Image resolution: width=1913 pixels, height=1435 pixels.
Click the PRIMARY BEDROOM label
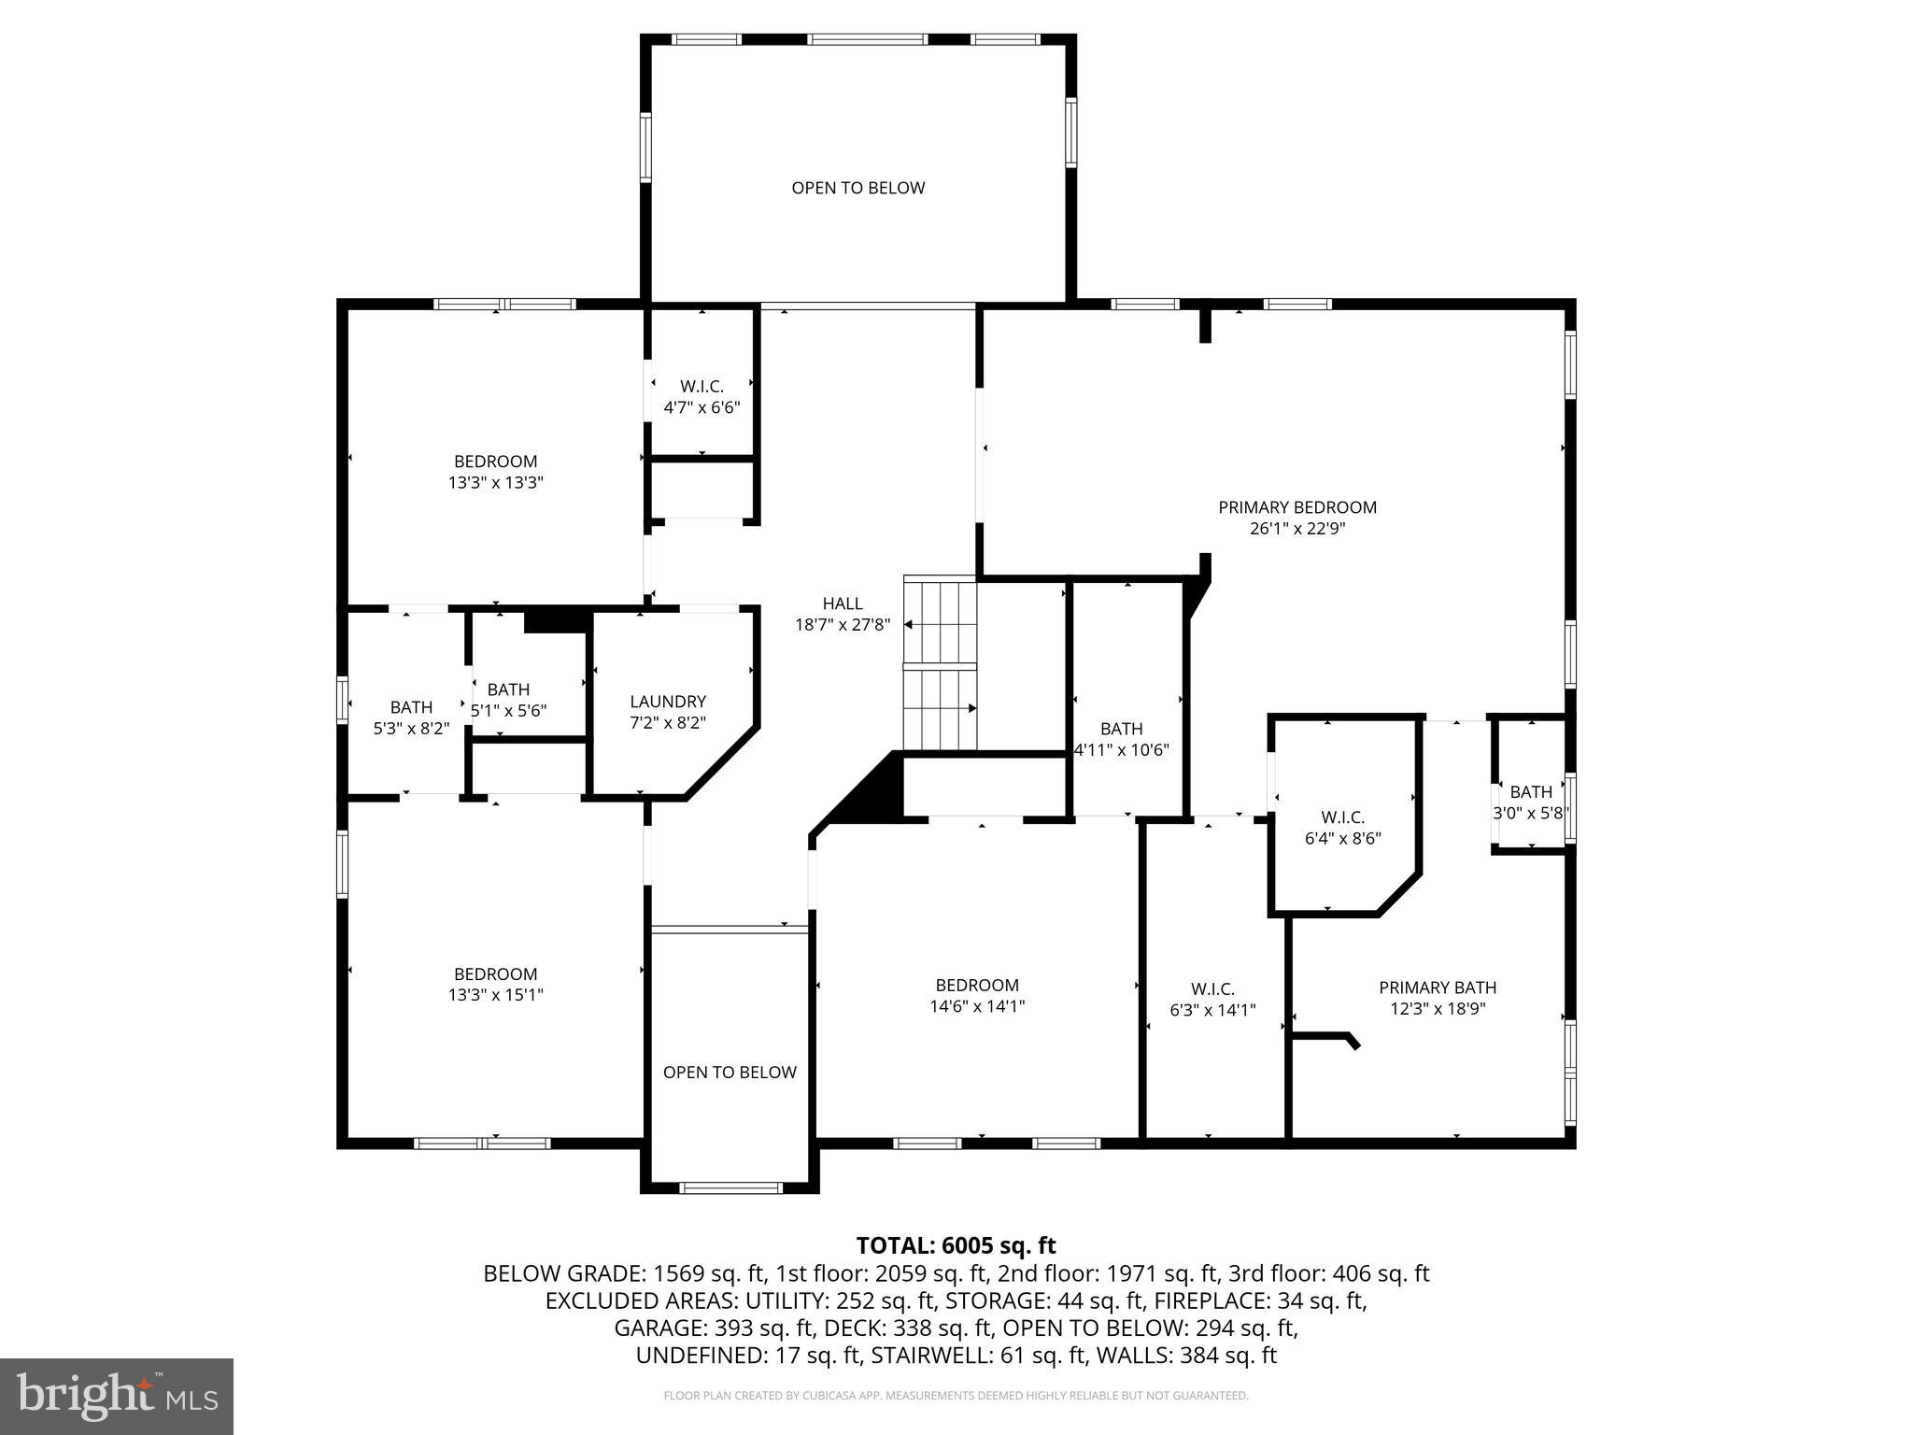point(1297,507)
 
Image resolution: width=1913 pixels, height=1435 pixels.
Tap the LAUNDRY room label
point(668,702)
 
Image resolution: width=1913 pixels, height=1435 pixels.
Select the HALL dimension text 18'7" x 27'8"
point(843,625)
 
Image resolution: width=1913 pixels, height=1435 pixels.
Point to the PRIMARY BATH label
point(1438,987)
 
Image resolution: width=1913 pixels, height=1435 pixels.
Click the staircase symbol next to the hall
point(940,664)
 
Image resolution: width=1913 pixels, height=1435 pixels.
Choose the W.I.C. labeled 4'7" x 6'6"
point(701,397)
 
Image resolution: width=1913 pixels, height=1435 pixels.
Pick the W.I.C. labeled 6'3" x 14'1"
point(1212,999)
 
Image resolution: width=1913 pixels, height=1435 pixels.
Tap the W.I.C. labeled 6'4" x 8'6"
point(1342,828)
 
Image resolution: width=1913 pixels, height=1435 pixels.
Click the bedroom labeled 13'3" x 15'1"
point(495,985)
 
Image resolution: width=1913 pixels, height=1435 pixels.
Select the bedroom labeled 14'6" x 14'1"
point(977,996)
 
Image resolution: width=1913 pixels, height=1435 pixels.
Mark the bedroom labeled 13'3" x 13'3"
point(495,472)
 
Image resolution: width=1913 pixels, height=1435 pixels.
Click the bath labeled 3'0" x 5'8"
point(1530,803)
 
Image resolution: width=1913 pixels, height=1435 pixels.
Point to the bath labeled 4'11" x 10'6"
point(1121,739)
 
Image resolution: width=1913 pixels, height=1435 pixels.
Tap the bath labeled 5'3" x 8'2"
point(411,717)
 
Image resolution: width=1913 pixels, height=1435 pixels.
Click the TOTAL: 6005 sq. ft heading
point(956,1245)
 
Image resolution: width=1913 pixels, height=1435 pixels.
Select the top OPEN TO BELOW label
point(857,188)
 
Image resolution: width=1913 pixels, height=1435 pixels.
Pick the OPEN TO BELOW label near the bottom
point(730,1073)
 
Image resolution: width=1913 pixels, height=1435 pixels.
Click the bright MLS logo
point(117,1397)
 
